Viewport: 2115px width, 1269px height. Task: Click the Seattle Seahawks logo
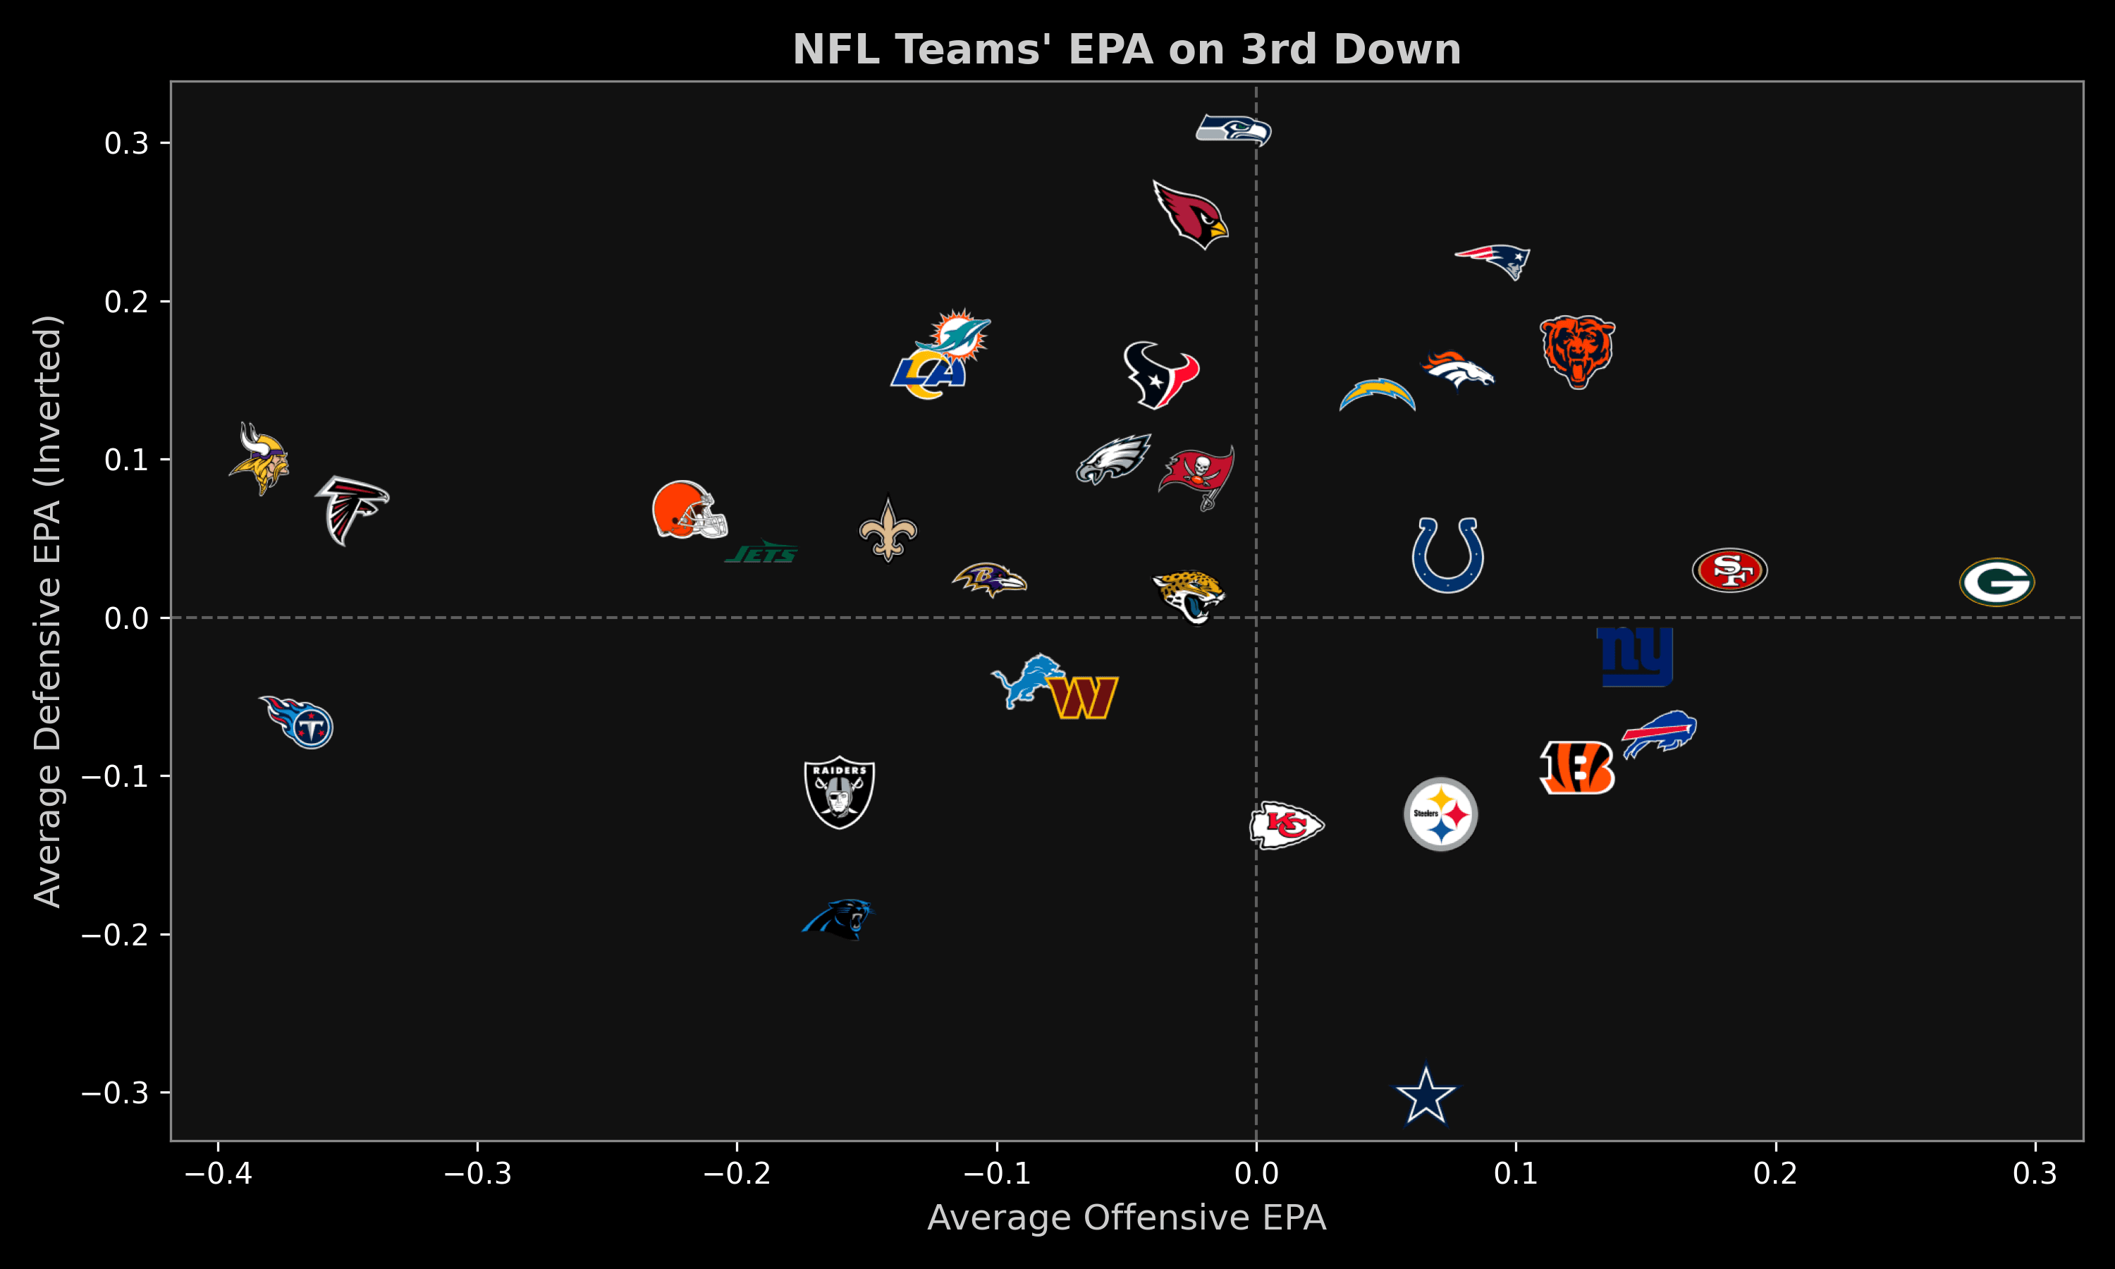pos(1234,130)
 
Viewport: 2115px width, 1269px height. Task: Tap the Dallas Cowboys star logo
pos(1425,1095)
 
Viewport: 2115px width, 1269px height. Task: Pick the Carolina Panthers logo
pos(839,919)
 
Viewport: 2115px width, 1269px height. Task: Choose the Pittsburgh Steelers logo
pos(1440,814)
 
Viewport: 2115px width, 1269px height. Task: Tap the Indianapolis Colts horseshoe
pos(1447,555)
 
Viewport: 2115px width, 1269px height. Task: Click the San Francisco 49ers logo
pos(1729,570)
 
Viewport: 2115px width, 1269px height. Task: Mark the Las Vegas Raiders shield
pos(840,792)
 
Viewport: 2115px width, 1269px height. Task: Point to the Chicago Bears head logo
pos(1577,350)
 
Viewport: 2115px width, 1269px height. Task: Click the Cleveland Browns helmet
pos(688,510)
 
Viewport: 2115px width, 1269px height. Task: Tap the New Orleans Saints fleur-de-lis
pos(888,530)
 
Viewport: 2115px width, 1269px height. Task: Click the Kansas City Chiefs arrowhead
pos(1287,825)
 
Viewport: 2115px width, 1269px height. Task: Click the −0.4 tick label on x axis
pos(218,1172)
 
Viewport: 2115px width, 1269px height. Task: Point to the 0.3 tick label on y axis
pos(126,144)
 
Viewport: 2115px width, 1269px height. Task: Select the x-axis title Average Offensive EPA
pos(1127,1218)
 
